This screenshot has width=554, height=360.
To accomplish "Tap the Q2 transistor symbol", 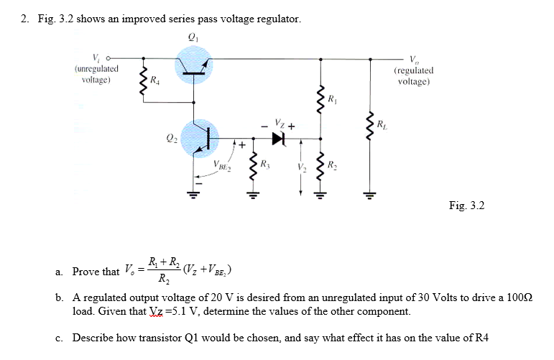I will (x=202, y=136).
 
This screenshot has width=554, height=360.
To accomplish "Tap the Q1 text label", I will (x=192, y=37).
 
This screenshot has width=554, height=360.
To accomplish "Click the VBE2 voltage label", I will (x=222, y=167).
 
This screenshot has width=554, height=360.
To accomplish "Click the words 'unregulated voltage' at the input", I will (x=96, y=75).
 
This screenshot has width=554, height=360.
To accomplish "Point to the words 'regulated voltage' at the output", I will (x=413, y=76).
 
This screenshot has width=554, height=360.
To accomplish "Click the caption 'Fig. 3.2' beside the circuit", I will (x=466, y=206).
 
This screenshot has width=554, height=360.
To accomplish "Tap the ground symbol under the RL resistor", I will (x=371, y=193).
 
